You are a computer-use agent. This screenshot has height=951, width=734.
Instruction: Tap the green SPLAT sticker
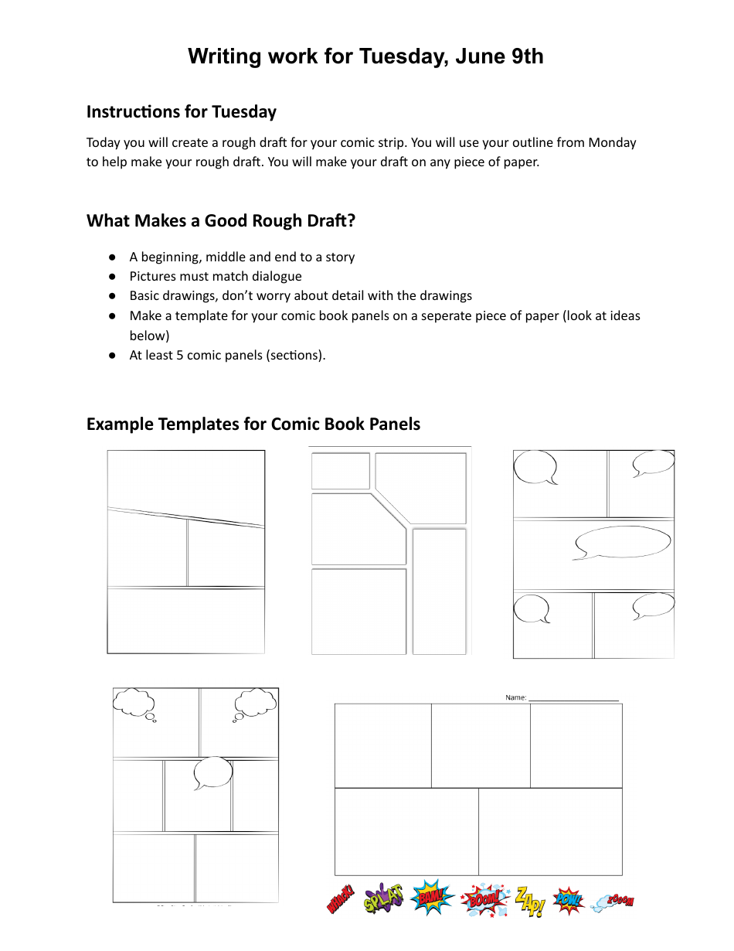pos(383,898)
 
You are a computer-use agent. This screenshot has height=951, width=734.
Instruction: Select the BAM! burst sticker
pos(432,898)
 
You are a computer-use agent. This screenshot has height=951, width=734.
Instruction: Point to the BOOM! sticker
pos(484,898)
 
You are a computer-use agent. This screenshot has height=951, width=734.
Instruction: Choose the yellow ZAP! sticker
pos(530,901)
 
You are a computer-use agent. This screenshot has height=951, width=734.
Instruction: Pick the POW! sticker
pos(569,900)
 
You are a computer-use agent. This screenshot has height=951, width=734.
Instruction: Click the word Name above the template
pos(515,697)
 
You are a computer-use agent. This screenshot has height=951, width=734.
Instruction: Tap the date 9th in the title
pos(527,56)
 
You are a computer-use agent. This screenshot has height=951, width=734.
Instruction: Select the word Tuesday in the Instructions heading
pos(243,112)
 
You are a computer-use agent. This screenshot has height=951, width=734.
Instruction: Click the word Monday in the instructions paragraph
pos(612,142)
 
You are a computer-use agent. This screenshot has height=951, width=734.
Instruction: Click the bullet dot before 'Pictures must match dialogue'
pos(113,276)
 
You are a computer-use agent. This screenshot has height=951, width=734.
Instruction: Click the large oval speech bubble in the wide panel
pos(623,542)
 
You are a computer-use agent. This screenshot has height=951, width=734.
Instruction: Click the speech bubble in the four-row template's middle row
pos(212,772)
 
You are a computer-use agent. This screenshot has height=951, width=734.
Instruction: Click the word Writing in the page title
pos(222,56)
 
